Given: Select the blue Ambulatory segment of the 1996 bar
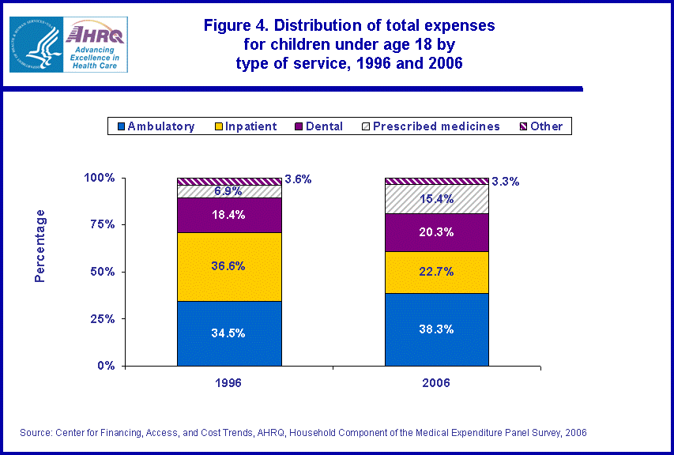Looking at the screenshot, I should (229, 333).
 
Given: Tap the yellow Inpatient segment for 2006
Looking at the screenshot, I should (436, 272).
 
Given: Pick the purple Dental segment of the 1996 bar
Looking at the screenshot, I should (229, 215).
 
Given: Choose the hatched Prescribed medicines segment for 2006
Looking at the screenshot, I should (436, 199).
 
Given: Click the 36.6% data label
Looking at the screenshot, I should (229, 266).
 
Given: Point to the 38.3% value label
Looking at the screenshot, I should (436, 329).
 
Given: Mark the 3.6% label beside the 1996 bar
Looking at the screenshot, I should (298, 179).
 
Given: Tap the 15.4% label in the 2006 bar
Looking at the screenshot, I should (436, 199).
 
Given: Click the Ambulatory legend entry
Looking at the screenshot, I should (155, 126).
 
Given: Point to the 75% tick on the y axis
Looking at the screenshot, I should (100, 224).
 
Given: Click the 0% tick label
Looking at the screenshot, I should (106, 366).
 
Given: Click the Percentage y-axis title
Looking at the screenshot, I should (40, 246).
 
